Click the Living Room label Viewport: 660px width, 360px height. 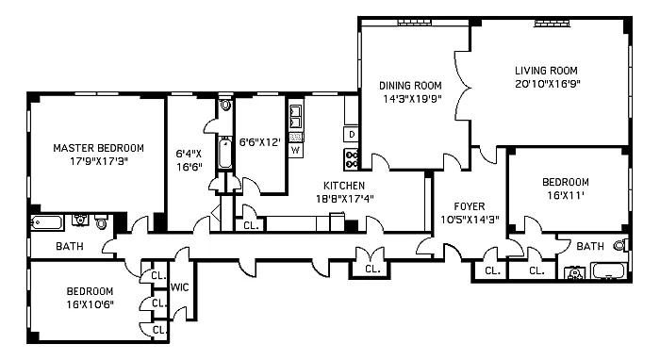[x=546, y=71]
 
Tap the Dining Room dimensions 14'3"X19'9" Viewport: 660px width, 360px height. [x=412, y=99]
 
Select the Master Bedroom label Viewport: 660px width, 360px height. [x=98, y=148]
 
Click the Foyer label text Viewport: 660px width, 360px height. [x=470, y=206]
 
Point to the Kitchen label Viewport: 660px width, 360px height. [x=344, y=186]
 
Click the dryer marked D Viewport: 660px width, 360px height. [x=352, y=134]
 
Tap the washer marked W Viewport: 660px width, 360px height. [x=296, y=150]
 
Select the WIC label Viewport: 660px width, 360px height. [x=179, y=287]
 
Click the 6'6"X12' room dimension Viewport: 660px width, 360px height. [x=259, y=142]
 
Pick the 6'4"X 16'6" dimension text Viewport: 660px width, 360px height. [x=189, y=160]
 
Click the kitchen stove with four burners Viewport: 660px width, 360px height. [x=352, y=160]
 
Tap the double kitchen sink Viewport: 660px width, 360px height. [x=296, y=117]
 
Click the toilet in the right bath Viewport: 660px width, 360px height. [x=620, y=245]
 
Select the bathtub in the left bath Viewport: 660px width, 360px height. [x=47, y=223]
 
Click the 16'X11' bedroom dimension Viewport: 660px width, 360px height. [x=566, y=195]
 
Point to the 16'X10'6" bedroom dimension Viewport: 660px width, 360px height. [x=91, y=304]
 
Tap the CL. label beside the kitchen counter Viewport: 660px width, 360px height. [x=252, y=225]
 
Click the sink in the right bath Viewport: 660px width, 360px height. [x=574, y=273]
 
